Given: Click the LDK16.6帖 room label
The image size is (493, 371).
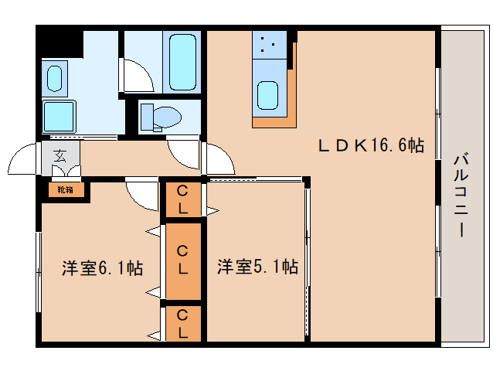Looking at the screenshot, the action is click(x=371, y=146).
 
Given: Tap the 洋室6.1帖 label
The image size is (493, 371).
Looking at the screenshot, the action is click(x=102, y=268).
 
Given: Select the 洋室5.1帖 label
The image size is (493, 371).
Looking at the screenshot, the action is click(x=257, y=267).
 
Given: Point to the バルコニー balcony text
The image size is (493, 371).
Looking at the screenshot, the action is click(x=461, y=195).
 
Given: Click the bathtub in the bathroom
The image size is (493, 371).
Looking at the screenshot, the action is click(x=182, y=63).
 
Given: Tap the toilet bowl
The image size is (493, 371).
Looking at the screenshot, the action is click(x=167, y=117).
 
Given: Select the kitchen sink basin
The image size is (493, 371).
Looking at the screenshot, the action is click(x=267, y=95).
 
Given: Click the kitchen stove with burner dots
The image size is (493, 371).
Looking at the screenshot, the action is click(x=270, y=45).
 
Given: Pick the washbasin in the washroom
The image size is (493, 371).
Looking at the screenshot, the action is click(x=54, y=79).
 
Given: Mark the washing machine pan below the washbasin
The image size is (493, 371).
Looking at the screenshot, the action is click(x=59, y=116).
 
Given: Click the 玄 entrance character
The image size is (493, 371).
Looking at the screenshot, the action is click(x=59, y=156).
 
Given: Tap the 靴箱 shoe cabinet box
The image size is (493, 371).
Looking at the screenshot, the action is click(x=66, y=190).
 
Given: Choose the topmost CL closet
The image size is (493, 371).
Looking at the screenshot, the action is click(x=183, y=199).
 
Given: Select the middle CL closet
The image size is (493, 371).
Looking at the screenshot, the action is click(x=183, y=261).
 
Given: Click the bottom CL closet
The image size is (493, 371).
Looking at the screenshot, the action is click(x=183, y=324).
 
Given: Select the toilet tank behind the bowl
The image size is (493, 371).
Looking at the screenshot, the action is click(x=147, y=117).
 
